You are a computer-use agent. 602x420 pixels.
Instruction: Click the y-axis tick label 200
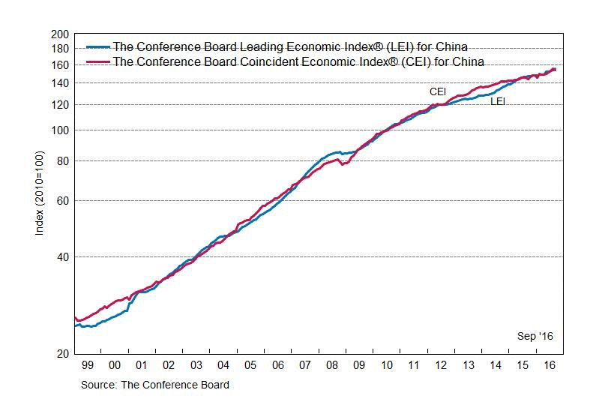pyautogui.click(x=59, y=34)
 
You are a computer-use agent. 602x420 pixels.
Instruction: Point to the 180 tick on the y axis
pyautogui.click(x=59, y=49)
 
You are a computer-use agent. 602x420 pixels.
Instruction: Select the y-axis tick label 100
pyautogui.click(x=59, y=130)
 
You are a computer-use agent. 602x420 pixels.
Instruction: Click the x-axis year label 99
pyautogui.click(x=88, y=365)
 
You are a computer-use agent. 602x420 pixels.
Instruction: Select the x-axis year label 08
pyautogui.click(x=331, y=365)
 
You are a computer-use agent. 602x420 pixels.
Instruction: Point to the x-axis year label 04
pyautogui.click(x=223, y=365)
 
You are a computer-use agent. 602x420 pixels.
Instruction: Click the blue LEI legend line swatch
pyautogui.click(x=97, y=46)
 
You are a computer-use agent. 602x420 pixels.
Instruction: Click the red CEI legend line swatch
pyautogui.click(x=97, y=61)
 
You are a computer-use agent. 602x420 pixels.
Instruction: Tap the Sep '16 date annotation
pyautogui.click(x=535, y=337)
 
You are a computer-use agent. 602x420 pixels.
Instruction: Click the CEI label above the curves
pyautogui.click(x=438, y=91)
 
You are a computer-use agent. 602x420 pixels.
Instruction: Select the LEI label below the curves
pyautogui.click(x=497, y=101)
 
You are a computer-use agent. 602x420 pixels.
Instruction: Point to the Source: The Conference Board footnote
pyautogui.click(x=156, y=385)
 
